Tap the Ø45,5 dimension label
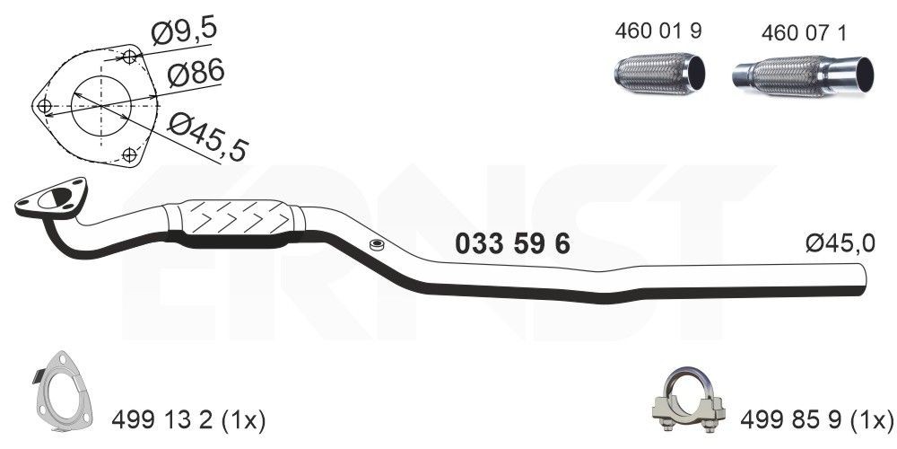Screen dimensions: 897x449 coord(208,137)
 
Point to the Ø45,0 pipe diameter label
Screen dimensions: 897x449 coord(840,244)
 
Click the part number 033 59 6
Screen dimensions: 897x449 coord(512,244)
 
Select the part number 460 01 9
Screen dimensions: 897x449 coord(658,31)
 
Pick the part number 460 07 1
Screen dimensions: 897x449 coord(804,33)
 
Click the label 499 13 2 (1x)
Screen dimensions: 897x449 coord(188,421)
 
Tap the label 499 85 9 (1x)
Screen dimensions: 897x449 coord(816,421)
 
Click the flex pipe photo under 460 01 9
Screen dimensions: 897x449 coord(659,74)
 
